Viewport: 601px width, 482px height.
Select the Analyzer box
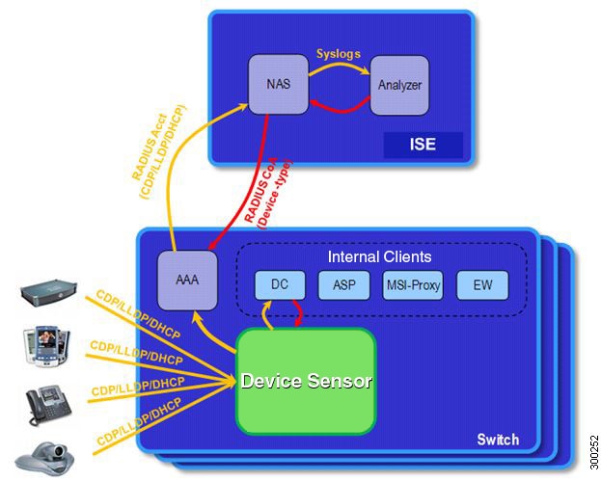pyautogui.click(x=399, y=85)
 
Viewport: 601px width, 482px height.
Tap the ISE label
pyautogui.click(x=423, y=146)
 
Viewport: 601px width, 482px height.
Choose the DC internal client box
pyautogui.click(x=280, y=284)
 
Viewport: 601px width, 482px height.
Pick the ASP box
pyautogui.click(x=343, y=284)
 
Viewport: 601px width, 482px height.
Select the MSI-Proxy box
pyautogui.click(x=413, y=284)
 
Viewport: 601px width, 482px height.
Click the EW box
pyautogui.click(x=481, y=284)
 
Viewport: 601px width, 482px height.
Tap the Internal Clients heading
pyautogui.click(x=379, y=256)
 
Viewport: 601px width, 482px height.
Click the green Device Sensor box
pyautogui.click(x=307, y=380)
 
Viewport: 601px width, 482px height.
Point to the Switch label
pyautogui.click(x=498, y=440)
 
